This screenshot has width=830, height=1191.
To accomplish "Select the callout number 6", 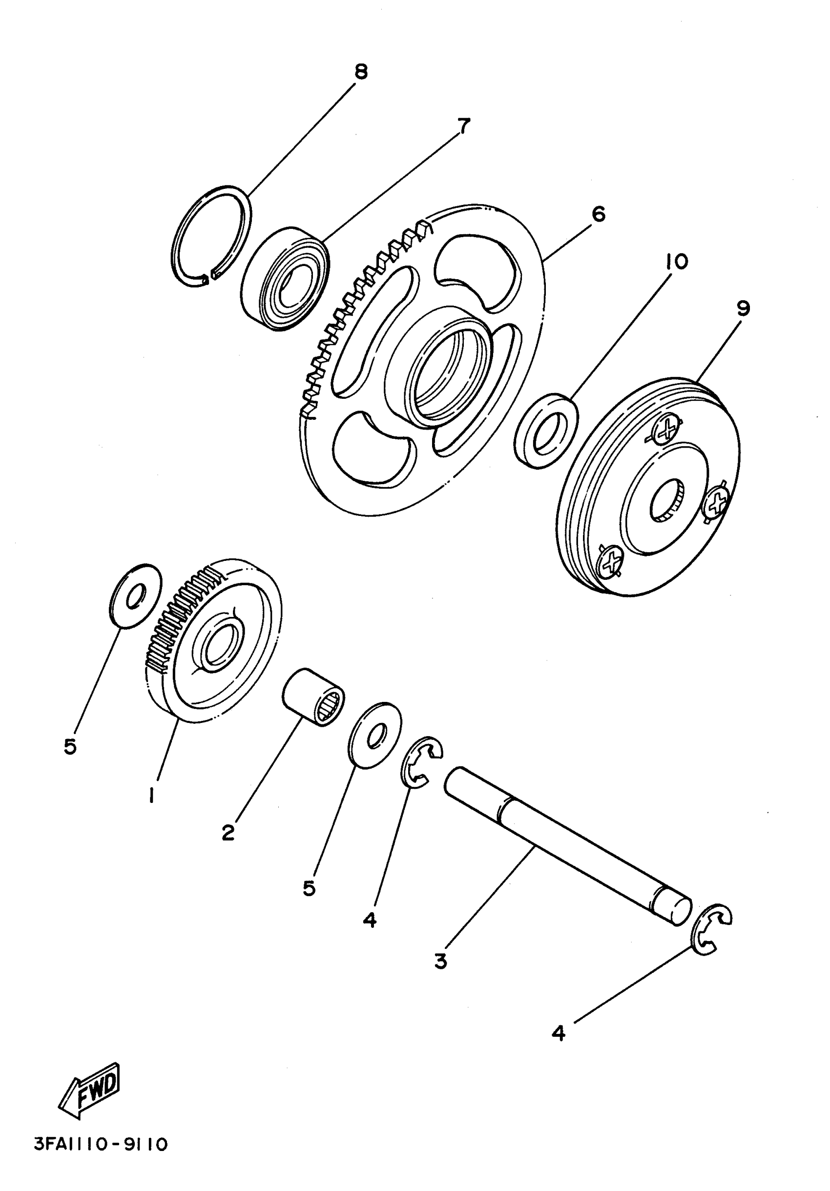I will [x=598, y=214].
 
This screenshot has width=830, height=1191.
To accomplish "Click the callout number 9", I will [x=743, y=308].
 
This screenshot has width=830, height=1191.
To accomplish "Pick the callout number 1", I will [x=151, y=795].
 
